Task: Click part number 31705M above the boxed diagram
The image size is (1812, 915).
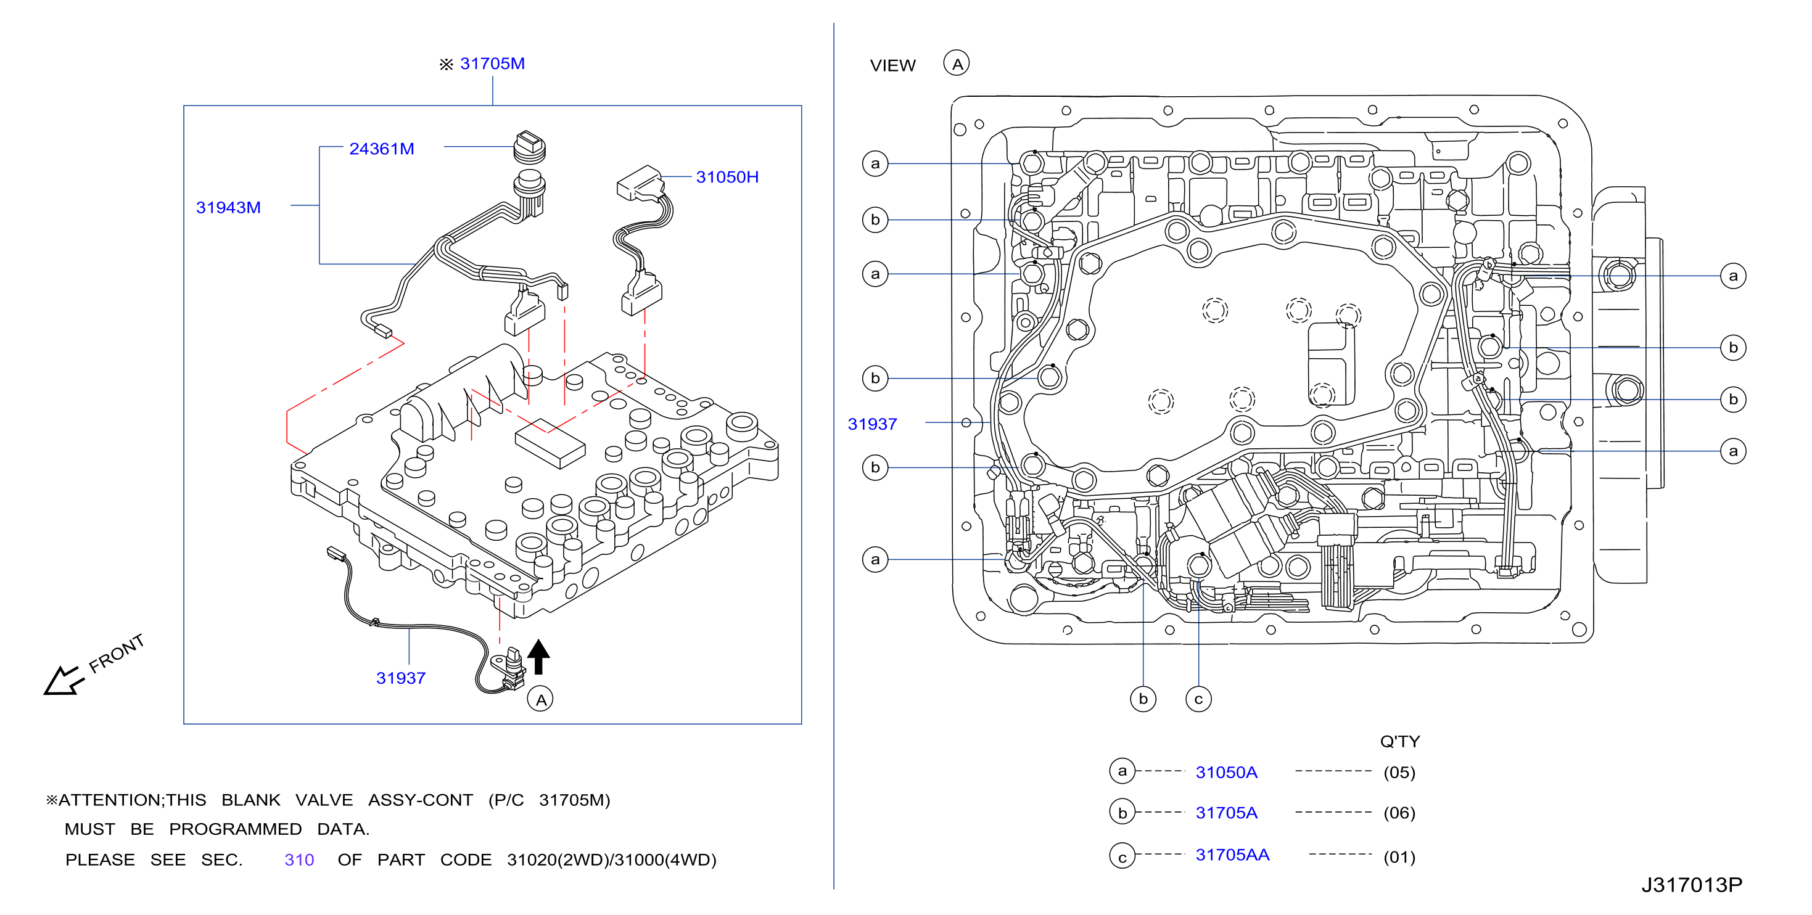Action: pyautogui.click(x=492, y=64)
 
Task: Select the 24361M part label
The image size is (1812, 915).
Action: pyautogui.click(x=381, y=149)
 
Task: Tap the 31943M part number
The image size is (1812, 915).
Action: pyautogui.click(x=228, y=207)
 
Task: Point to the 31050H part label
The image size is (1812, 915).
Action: pyautogui.click(x=727, y=176)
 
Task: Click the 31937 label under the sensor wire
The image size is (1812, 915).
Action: pyautogui.click(x=400, y=678)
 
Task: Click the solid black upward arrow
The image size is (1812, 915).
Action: pyautogui.click(x=538, y=656)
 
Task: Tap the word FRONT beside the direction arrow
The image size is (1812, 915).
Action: pyautogui.click(x=116, y=653)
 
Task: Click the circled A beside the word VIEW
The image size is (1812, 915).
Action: pyautogui.click(x=956, y=64)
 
